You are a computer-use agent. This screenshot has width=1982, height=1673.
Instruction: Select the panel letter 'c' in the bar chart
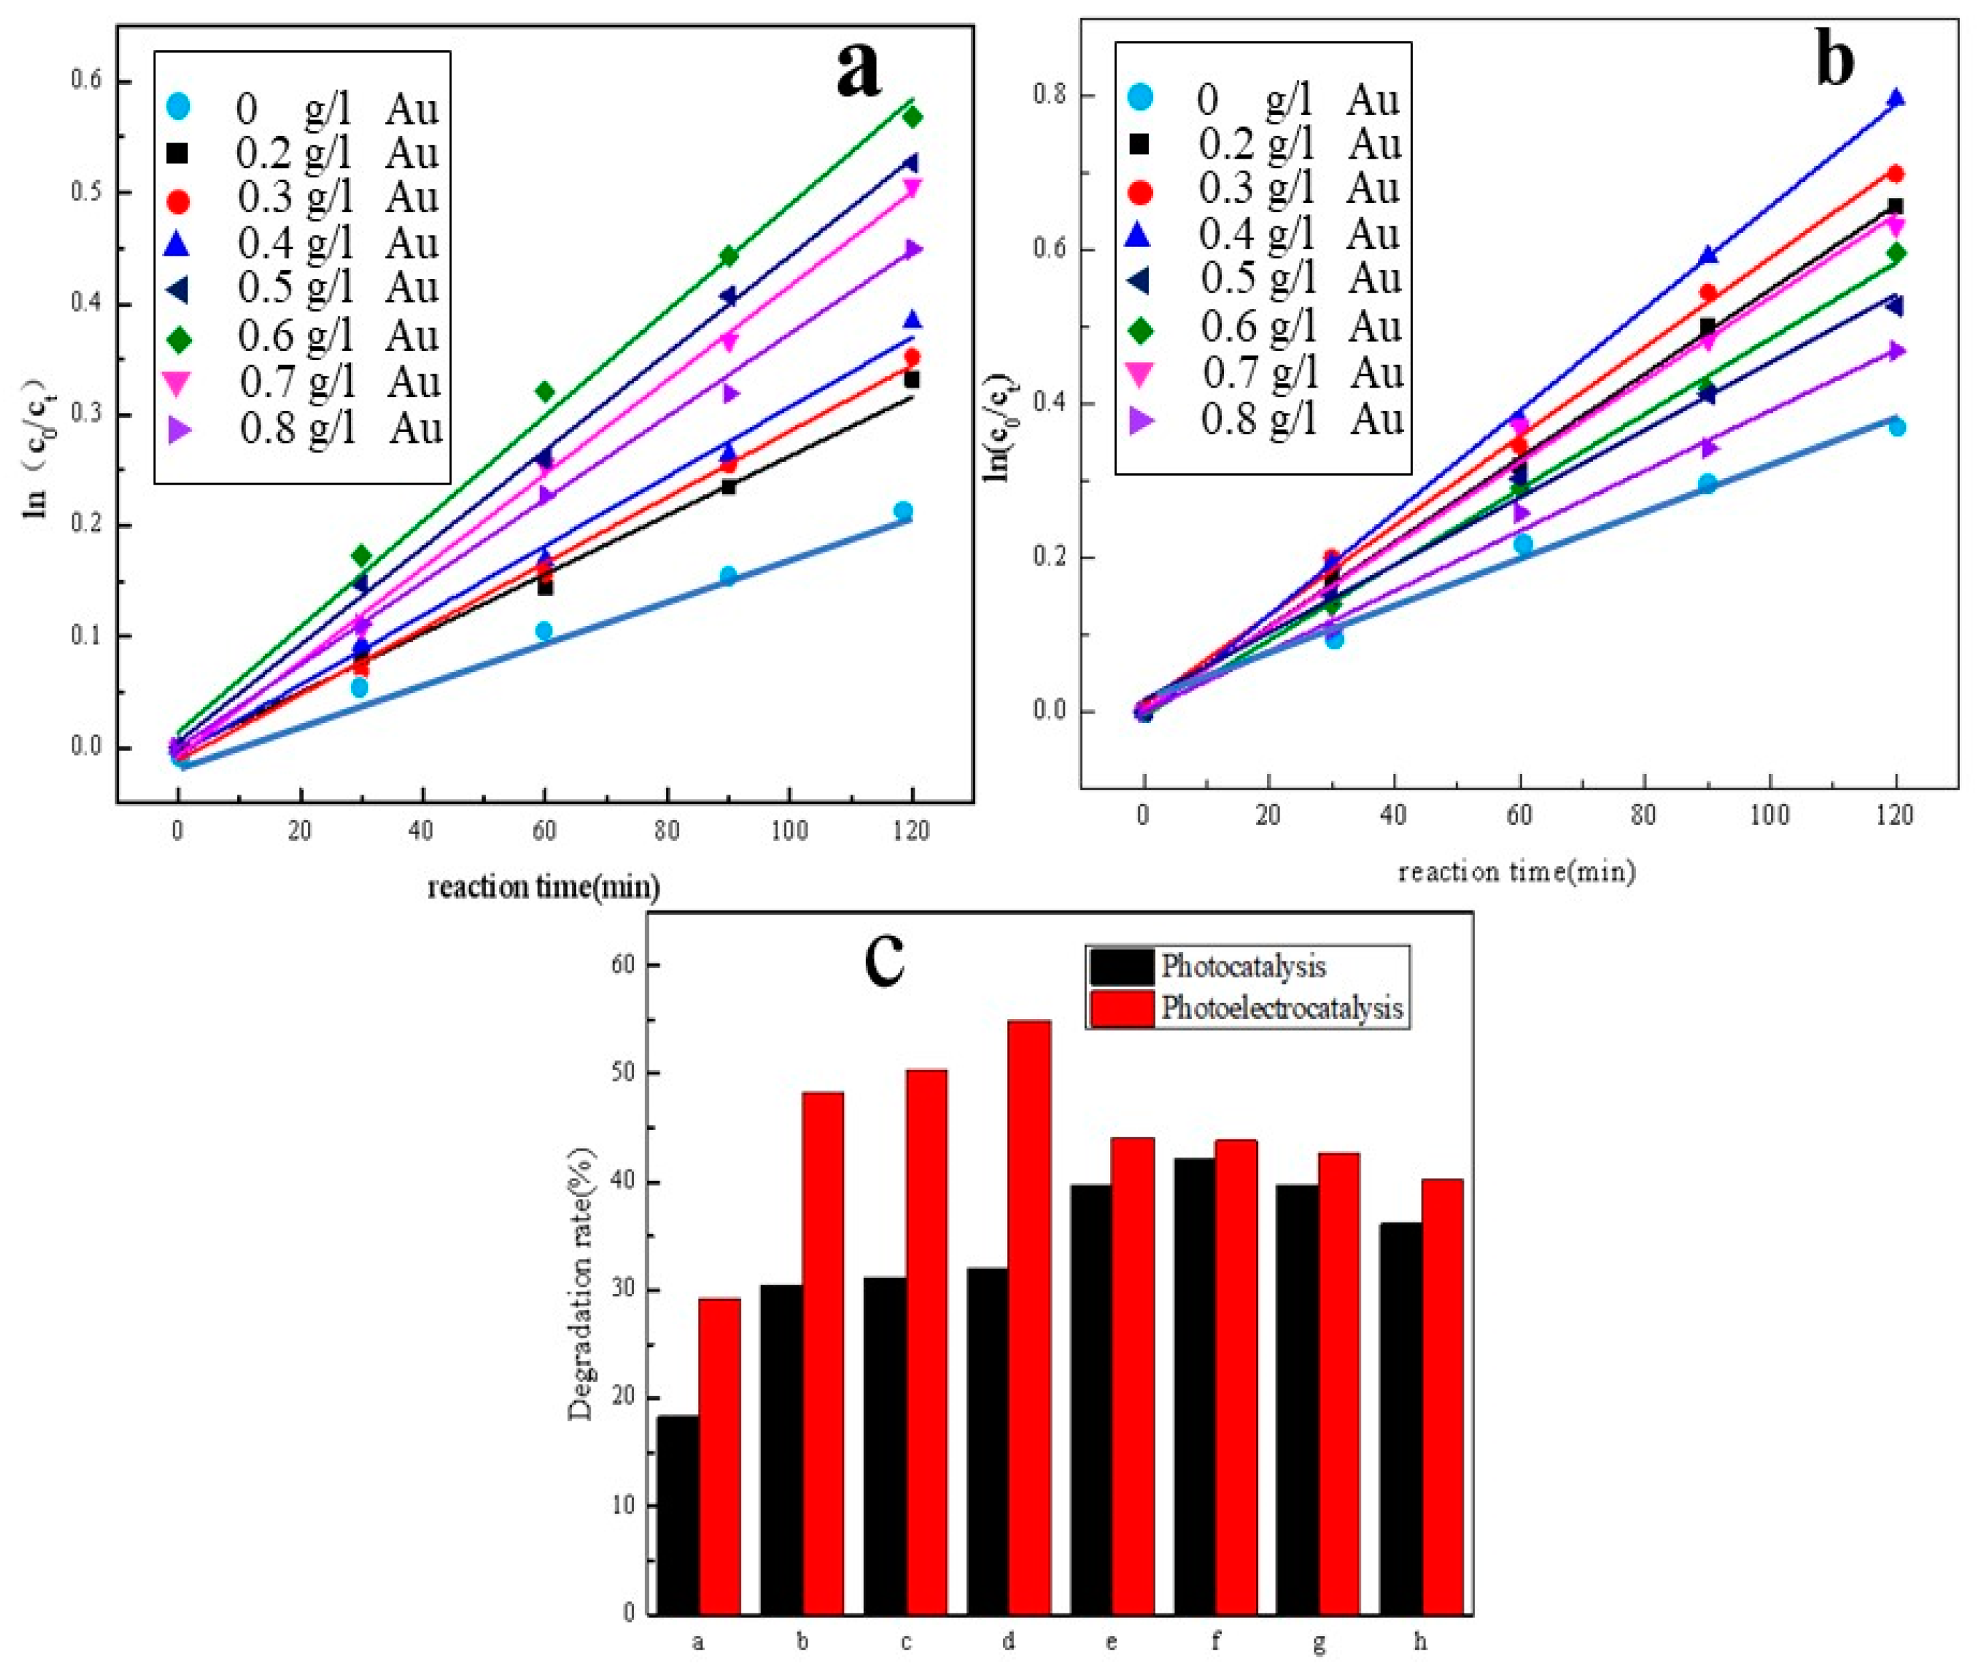click(885, 960)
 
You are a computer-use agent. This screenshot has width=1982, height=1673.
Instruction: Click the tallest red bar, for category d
click(1029, 1318)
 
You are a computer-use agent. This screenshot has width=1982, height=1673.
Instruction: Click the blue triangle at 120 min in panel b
click(1895, 98)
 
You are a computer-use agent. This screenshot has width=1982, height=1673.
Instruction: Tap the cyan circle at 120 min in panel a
click(903, 511)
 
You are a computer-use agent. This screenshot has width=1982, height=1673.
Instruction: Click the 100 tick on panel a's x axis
click(789, 831)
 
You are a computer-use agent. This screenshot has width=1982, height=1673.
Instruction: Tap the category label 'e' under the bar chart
click(1112, 1642)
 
